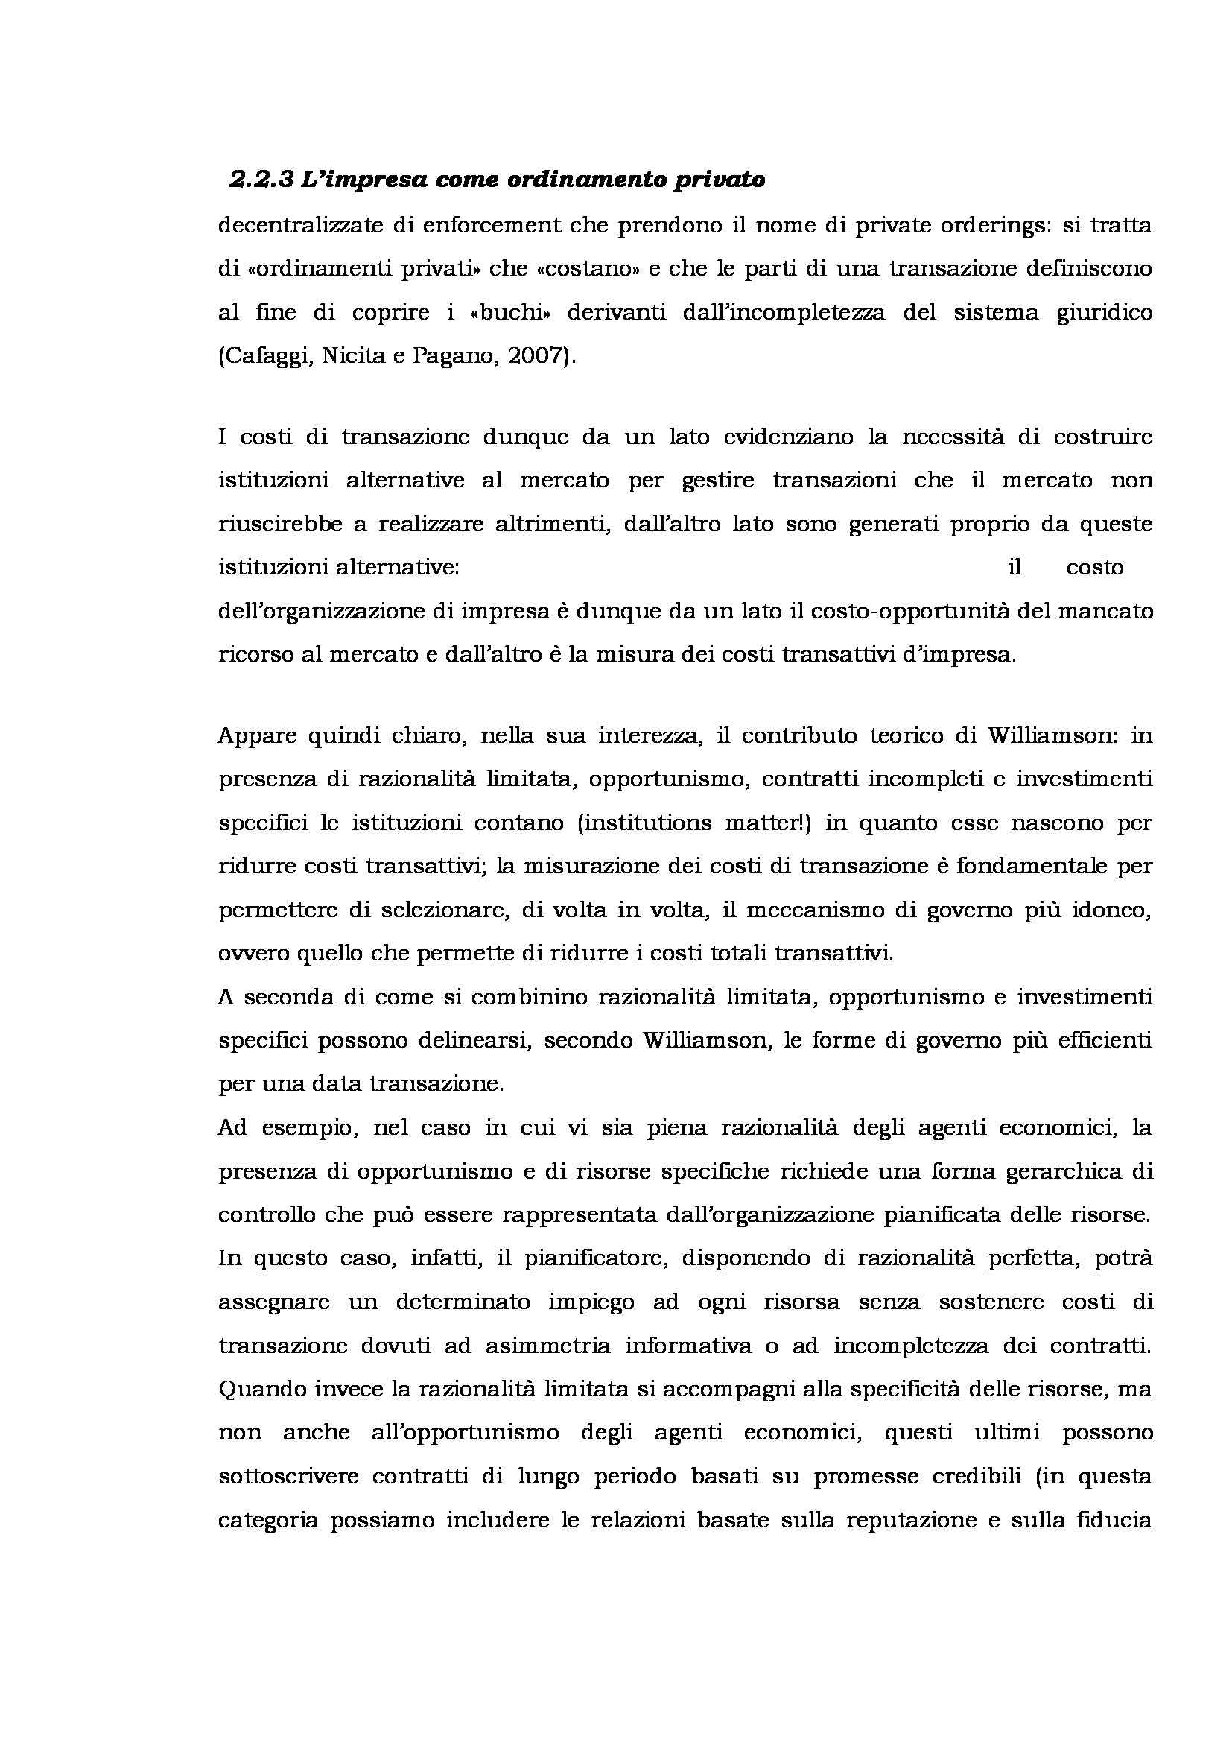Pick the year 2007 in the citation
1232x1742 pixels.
pyautogui.click(x=536, y=357)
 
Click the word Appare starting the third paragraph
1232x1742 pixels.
pyautogui.click(x=254, y=736)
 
